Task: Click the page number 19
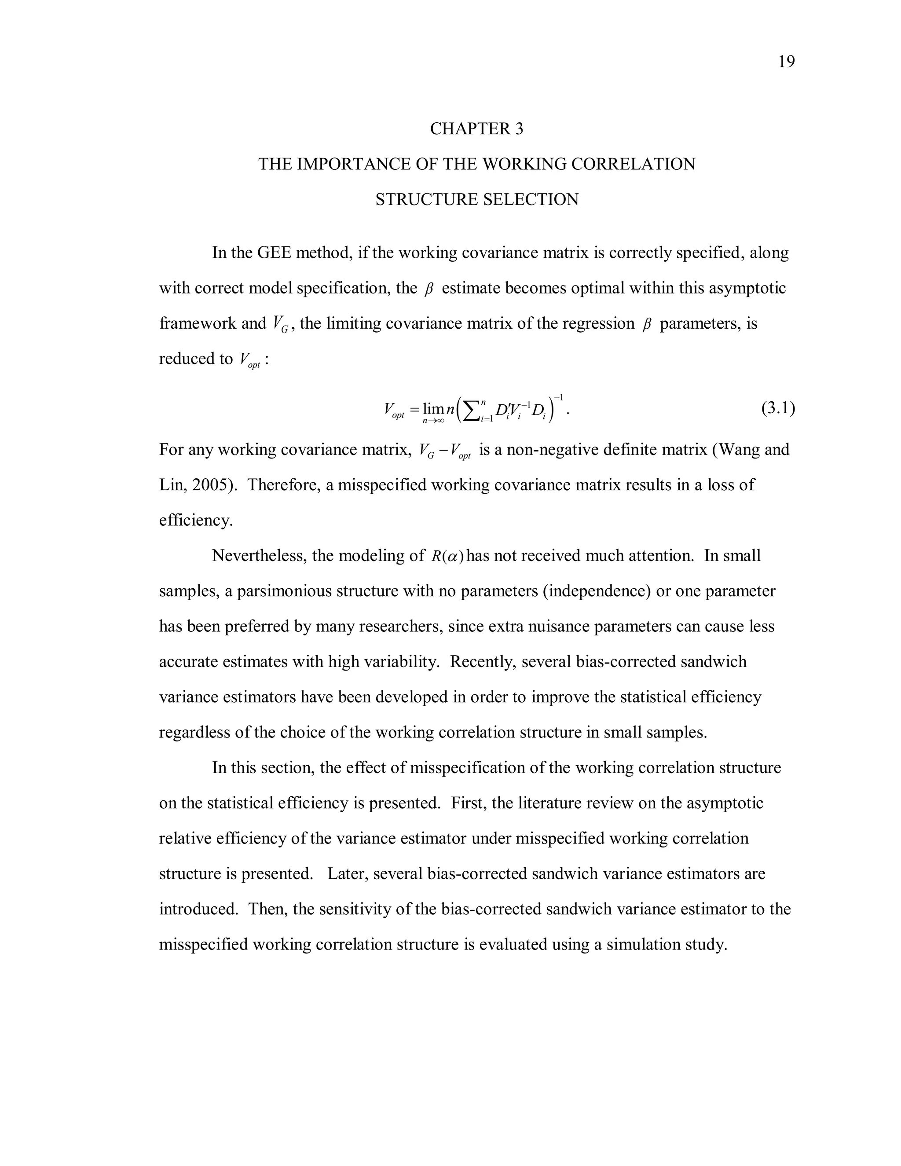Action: [x=786, y=62]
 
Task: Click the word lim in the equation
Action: [x=433, y=409]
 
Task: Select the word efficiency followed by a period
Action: [x=195, y=520]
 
